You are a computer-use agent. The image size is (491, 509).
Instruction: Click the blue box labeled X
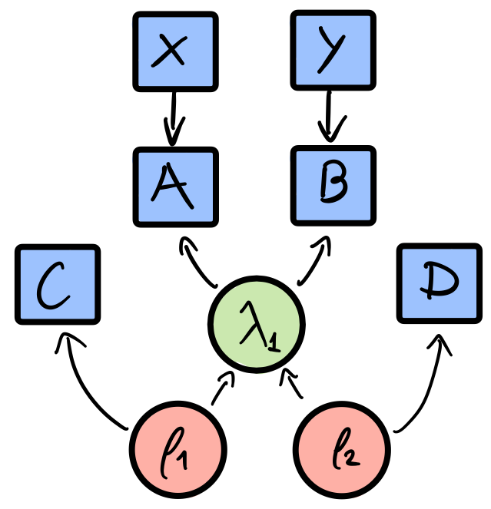tap(175, 51)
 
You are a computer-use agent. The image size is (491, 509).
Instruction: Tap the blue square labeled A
tap(175, 187)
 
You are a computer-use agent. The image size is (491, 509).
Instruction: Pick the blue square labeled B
tap(333, 187)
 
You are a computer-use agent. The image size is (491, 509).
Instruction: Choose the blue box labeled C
tap(58, 284)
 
